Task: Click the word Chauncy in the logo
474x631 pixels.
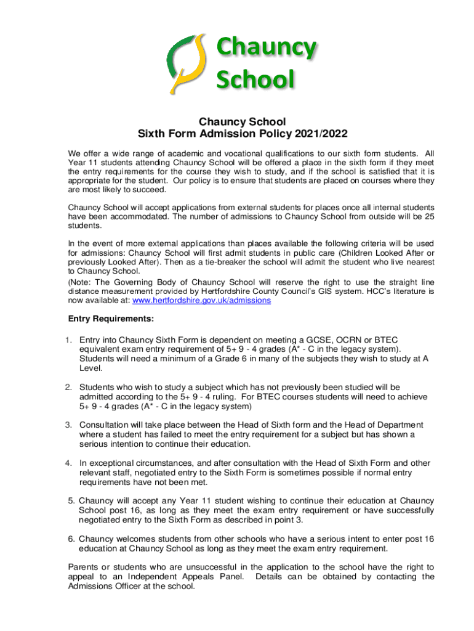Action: [266, 49]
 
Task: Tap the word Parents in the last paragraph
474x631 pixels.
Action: [84, 567]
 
